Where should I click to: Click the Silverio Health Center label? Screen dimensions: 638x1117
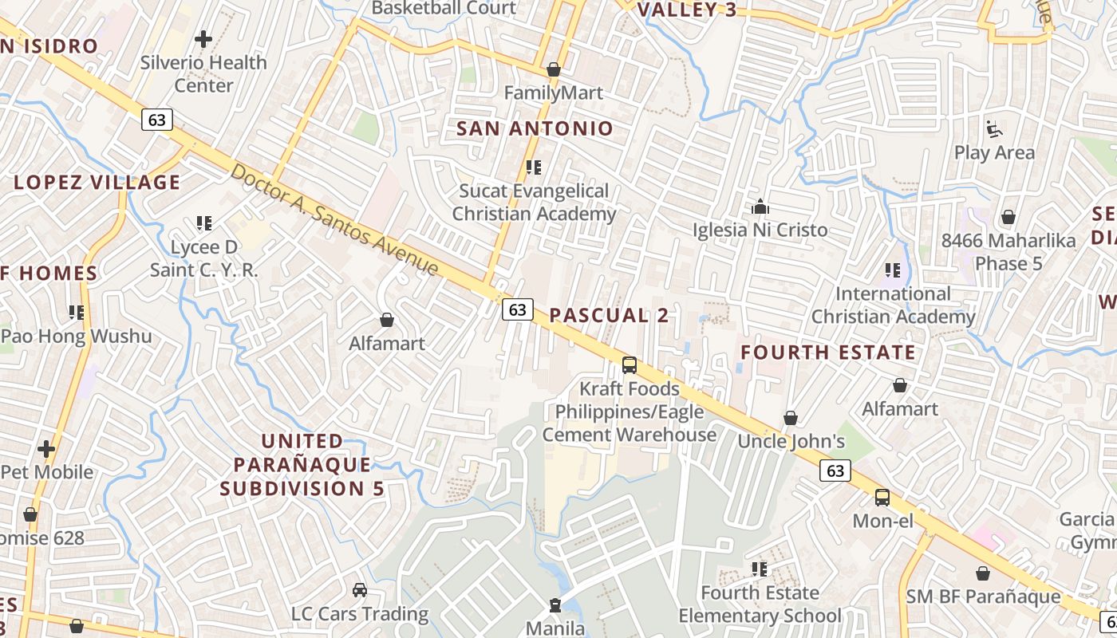203,73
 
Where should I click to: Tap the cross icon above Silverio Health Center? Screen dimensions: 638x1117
203,38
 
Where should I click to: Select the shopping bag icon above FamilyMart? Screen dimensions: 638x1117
554,69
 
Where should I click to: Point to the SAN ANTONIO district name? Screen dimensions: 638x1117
535,128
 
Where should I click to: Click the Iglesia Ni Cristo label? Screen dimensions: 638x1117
760,230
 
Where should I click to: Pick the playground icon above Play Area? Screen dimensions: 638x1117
994,129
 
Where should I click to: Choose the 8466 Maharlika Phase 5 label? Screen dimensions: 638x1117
1008,252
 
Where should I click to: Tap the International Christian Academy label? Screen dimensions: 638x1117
893,305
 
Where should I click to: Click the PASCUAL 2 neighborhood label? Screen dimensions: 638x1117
609,315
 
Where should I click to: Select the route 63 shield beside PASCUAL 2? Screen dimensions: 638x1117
517,309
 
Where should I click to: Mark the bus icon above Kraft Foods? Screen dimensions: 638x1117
630,365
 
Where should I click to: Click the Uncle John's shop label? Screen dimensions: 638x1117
791,441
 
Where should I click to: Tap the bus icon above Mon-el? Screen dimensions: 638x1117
882,498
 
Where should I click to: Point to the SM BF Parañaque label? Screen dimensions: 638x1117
983,597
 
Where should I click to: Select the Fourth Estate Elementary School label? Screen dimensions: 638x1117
760,605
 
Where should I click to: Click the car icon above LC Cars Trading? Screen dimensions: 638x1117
360,590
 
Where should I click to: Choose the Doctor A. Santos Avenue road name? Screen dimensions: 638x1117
334,219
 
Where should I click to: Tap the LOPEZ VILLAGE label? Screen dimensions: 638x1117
97,183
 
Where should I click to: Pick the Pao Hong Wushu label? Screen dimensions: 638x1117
77,336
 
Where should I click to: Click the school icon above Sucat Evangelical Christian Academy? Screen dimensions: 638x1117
534,167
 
